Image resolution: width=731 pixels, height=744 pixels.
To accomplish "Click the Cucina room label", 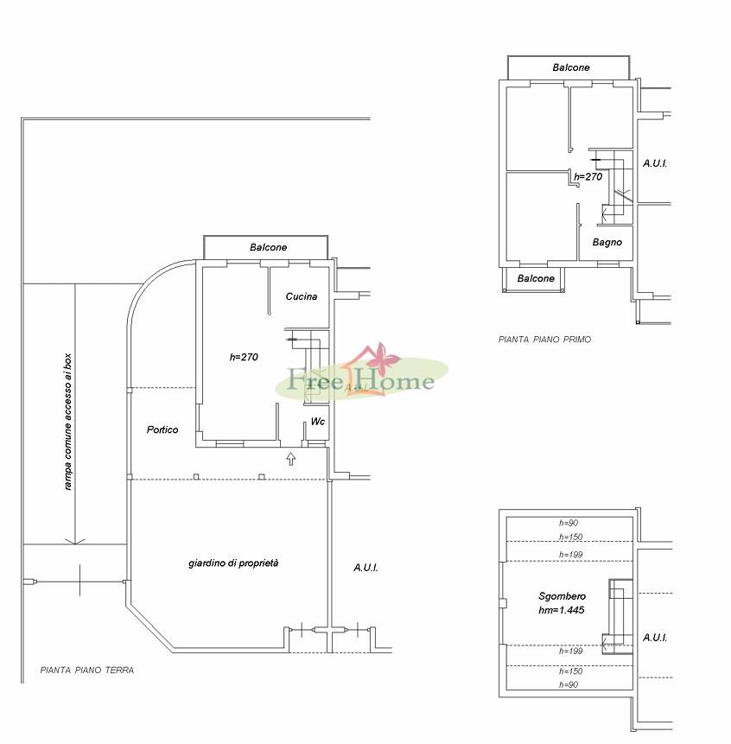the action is click(x=302, y=296).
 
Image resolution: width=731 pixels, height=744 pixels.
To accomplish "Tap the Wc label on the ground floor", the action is click(x=317, y=422).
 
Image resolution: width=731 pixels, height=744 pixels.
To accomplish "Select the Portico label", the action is click(x=162, y=429).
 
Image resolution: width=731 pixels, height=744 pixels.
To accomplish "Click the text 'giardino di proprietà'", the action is click(x=233, y=563).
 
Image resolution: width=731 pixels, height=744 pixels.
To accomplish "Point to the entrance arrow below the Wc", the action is click(x=291, y=459).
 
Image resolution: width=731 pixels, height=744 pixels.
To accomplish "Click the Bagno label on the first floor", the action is click(x=607, y=243).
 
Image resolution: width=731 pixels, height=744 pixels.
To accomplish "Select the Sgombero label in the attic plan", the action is click(x=563, y=596).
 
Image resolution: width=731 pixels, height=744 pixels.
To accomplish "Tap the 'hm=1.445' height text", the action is click(x=561, y=610).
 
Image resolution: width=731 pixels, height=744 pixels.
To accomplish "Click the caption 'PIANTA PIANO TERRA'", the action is click(x=87, y=670).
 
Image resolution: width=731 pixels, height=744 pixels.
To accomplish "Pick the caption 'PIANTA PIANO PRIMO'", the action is click(x=544, y=340).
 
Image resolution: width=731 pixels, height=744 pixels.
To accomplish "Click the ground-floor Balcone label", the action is click(x=269, y=247).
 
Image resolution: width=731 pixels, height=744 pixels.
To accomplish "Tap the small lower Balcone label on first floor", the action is click(x=536, y=278).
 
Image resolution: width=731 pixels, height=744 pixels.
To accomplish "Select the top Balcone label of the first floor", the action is click(x=571, y=67).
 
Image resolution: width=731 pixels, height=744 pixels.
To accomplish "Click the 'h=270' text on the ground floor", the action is click(x=244, y=357).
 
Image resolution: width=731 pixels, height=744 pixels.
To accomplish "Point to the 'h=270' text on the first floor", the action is click(x=588, y=176).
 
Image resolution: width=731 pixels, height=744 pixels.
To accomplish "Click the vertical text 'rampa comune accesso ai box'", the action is click(x=68, y=422).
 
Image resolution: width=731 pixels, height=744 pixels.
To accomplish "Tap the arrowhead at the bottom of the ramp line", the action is click(x=75, y=542).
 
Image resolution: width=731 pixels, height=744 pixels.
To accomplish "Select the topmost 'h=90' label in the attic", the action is click(x=569, y=523).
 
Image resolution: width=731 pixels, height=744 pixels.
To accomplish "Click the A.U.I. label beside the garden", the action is click(x=365, y=568).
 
